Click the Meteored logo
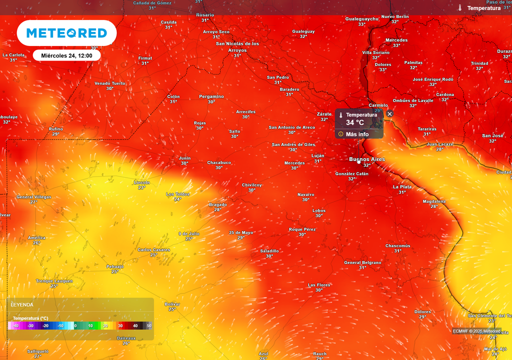pyautogui.click(x=66, y=33)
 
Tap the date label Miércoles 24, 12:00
pyautogui.click(x=67, y=55)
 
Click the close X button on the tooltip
pyautogui.click(x=390, y=114)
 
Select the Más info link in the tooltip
pyautogui.click(x=357, y=134)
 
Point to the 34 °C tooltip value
pyautogui.click(x=355, y=122)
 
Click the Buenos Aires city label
pyautogui.click(x=367, y=159)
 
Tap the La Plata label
pyautogui.click(x=402, y=186)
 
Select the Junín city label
pyautogui.click(x=184, y=158)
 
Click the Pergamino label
pyautogui.click(x=211, y=96)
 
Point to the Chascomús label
pyautogui.click(x=397, y=245)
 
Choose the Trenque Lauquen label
pyautogui.click(x=54, y=281)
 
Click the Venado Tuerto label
pyautogui.click(x=110, y=83)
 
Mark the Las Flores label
pyautogui.click(x=319, y=284)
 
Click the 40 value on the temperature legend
pyautogui.click(x=135, y=326)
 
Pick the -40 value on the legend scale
pyautogui.click(x=16, y=326)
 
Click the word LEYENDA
pyautogui.click(x=22, y=304)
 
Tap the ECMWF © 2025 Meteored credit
pyautogui.click(x=476, y=331)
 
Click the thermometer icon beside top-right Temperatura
pyautogui.click(x=460, y=8)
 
